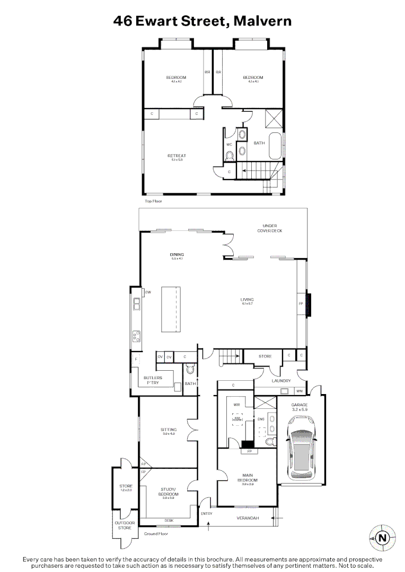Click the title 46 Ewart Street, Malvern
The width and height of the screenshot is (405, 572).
point(202,21)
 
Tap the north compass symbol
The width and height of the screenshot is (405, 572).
point(382,538)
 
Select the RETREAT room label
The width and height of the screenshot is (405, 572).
point(177,156)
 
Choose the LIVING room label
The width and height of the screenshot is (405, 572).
point(247,300)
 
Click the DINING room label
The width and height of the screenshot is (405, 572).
point(177,255)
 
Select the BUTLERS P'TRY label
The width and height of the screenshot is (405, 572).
point(153,380)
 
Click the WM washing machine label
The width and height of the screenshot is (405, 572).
point(300,391)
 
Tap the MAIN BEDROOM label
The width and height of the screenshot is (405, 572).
point(248,479)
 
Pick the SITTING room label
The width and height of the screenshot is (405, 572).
point(169,430)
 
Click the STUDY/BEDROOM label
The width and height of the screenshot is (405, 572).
point(169,491)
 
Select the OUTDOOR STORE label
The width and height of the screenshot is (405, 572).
point(124,525)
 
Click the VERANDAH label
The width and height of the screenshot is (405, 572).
point(248,518)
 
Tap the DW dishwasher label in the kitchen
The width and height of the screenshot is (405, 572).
point(148,292)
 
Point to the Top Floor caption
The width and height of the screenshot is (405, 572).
point(153,201)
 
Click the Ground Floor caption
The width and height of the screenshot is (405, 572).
point(156,533)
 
